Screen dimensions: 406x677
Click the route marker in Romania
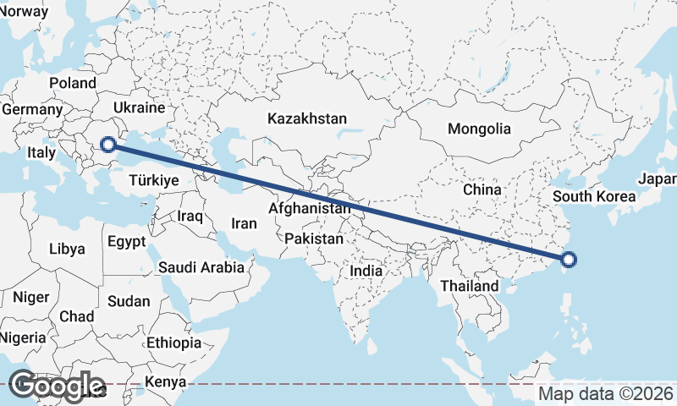107,144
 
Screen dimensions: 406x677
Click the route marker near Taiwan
569,260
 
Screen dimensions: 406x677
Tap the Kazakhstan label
306,118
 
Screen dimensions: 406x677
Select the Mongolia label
479,129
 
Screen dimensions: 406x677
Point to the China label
482,190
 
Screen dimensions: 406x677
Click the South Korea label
594,197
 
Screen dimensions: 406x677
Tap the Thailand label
470,287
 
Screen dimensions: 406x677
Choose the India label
366,272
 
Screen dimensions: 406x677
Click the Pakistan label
314,239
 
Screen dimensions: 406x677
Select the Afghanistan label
310,208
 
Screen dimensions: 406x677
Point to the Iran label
244,224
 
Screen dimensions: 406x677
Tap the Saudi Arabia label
201,268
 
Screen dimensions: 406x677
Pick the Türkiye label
153,181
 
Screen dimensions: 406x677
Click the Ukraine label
138,108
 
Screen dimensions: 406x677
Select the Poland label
73,84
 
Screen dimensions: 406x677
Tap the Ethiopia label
173,343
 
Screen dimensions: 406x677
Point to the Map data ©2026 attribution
606,393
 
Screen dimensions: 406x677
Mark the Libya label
67,250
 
